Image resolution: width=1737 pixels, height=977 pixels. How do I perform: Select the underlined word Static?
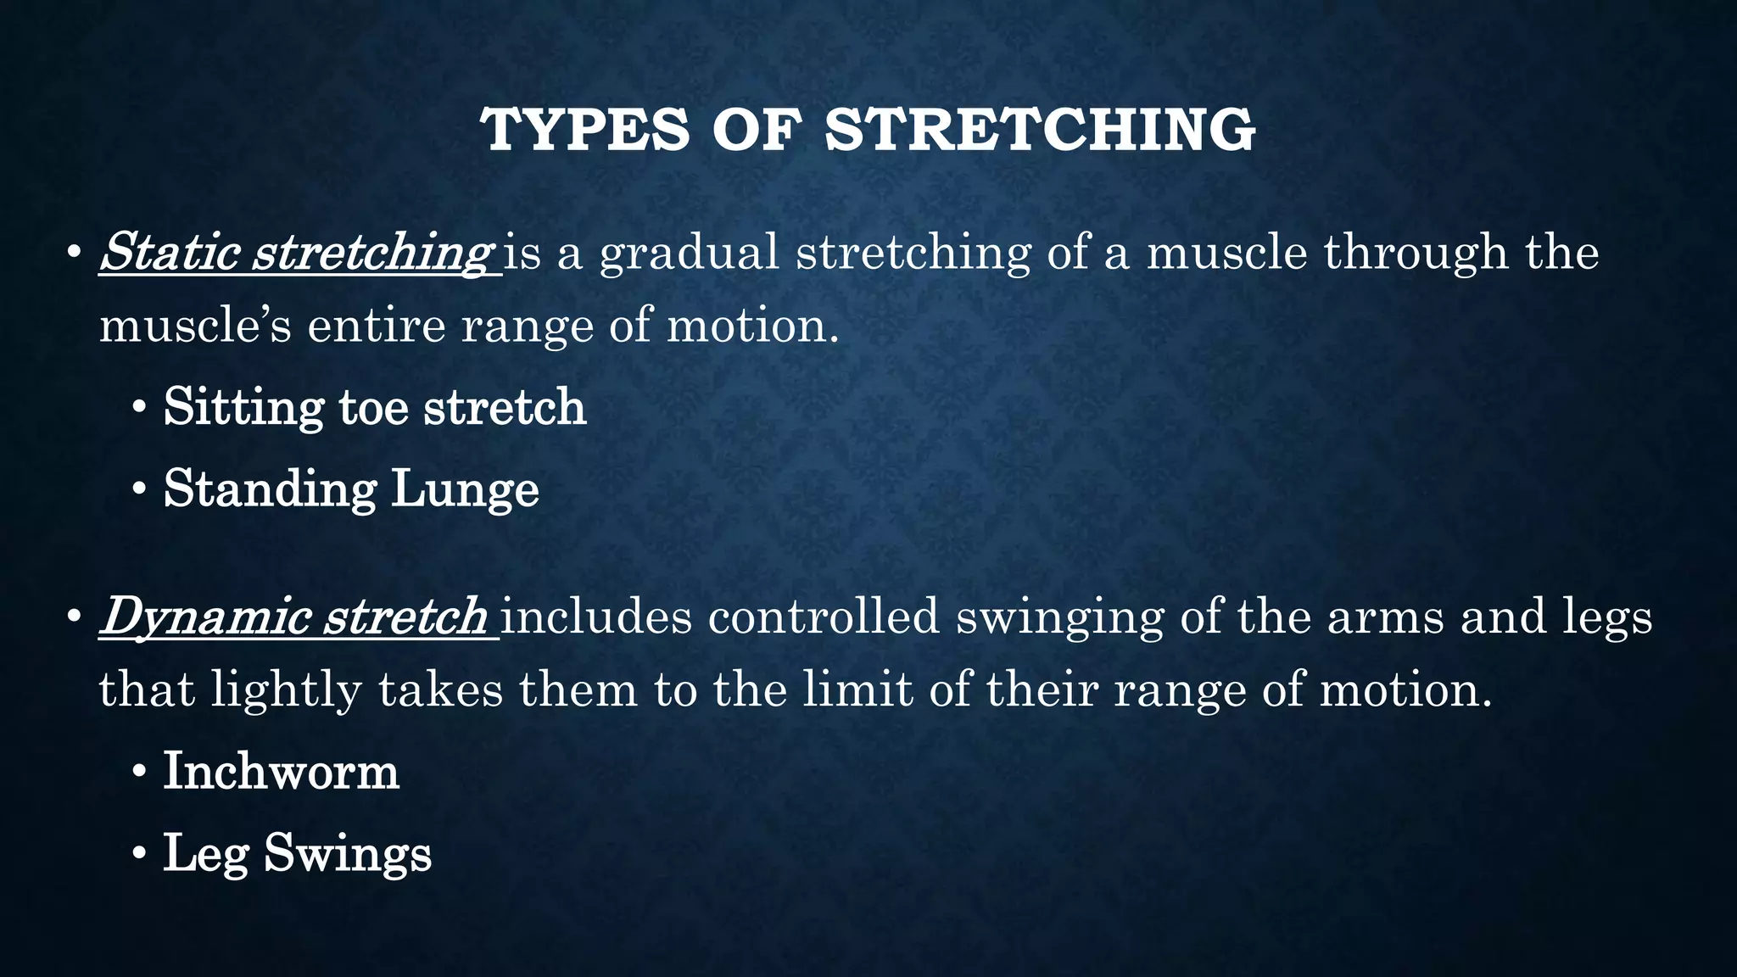click(170, 252)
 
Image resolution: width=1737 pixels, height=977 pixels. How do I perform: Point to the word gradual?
click(689, 254)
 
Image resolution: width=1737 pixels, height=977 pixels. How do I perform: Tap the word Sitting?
click(243, 408)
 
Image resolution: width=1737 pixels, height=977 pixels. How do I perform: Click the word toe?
click(373, 408)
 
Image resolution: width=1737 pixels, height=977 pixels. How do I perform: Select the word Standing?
click(270, 490)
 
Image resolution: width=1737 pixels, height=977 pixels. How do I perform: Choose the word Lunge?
click(465, 490)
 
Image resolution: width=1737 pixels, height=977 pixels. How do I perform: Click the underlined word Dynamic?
click(204, 617)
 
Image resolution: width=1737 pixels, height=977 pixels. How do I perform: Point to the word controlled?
click(824, 617)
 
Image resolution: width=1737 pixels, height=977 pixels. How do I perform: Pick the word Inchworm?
click(281, 771)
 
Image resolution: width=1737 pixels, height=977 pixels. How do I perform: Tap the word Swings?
click(348, 853)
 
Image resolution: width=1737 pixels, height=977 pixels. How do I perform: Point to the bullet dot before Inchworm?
click(139, 773)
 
